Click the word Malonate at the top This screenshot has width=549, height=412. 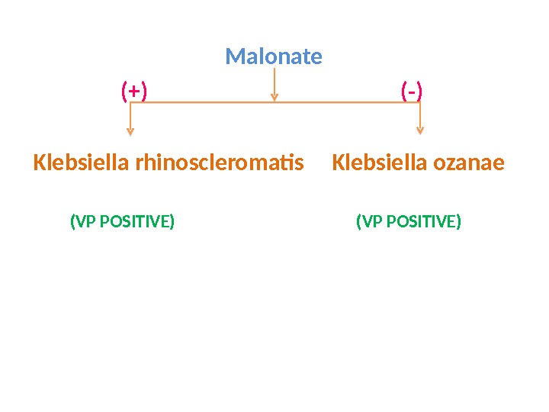click(x=274, y=56)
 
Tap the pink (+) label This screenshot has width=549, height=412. click(x=134, y=92)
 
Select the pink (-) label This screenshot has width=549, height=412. click(x=412, y=92)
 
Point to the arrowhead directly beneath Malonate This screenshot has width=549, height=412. click(x=274, y=96)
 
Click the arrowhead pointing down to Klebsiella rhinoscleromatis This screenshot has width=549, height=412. click(x=131, y=130)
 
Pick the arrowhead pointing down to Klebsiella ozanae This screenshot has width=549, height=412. click(x=419, y=130)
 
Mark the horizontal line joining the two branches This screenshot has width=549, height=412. click(x=343, y=102)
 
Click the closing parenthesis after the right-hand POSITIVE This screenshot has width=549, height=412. click(x=459, y=222)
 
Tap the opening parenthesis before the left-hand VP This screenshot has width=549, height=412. click(x=72, y=222)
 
